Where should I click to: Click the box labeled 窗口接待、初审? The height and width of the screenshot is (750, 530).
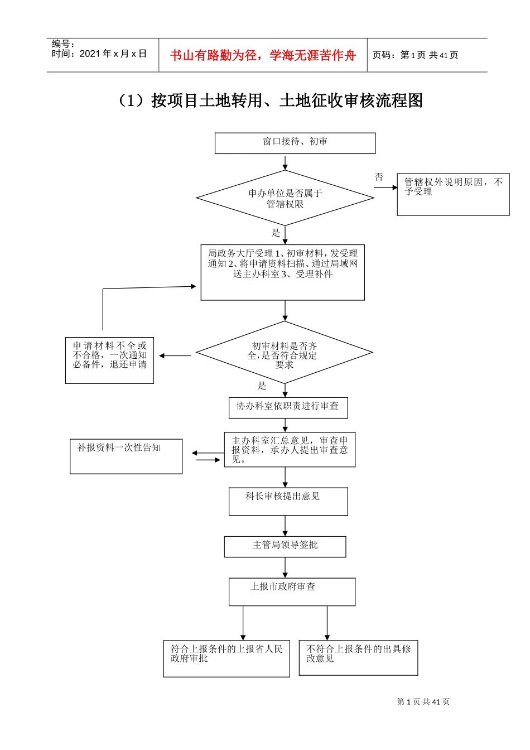click(295, 143)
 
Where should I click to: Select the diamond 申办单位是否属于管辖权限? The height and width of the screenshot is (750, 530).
click(285, 198)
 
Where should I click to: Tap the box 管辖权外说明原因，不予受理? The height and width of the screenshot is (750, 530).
click(453, 194)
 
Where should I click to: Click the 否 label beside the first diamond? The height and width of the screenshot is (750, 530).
click(379, 177)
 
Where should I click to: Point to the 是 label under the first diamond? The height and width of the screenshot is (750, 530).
click(276, 233)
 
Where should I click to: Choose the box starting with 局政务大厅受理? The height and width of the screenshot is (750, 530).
click(282, 272)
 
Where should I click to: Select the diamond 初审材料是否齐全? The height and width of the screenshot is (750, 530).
click(284, 353)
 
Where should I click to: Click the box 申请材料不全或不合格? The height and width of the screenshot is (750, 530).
click(109, 360)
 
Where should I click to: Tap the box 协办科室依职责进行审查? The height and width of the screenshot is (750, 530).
click(288, 407)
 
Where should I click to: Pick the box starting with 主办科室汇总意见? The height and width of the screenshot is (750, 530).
click(290, 449)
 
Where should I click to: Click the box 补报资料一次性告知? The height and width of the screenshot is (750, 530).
click(126, 456)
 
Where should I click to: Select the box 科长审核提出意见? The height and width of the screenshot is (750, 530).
click(288, 501)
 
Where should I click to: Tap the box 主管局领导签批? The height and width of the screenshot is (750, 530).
click(285, 546)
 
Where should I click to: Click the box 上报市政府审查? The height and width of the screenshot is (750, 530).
click(292, 591)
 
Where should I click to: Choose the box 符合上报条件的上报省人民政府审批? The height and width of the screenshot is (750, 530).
click(227, 658)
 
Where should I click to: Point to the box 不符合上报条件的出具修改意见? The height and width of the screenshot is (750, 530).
click(358, 657)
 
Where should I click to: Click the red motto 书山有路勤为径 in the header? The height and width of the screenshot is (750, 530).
click(263, 55)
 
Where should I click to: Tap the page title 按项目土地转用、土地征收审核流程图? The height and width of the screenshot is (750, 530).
click(269, 100)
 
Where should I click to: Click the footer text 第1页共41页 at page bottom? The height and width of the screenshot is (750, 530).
click(423, 701)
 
